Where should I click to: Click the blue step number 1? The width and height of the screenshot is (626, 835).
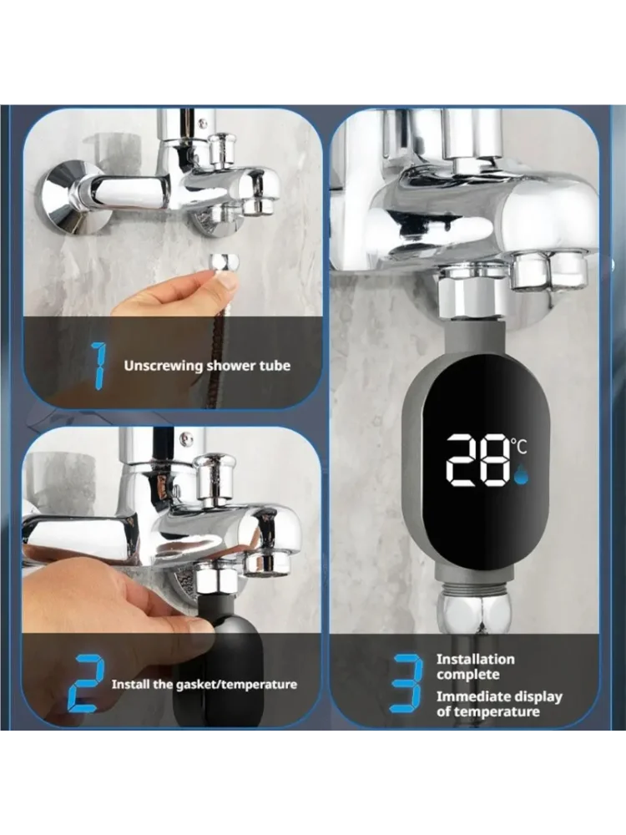tap(98, 365)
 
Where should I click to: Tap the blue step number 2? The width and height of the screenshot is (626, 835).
tap(88, 683)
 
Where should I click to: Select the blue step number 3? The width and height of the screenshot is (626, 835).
tap(406, 683)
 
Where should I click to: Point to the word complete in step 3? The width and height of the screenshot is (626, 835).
tap(468, 675)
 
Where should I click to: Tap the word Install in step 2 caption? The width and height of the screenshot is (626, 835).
tap(131, 685)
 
